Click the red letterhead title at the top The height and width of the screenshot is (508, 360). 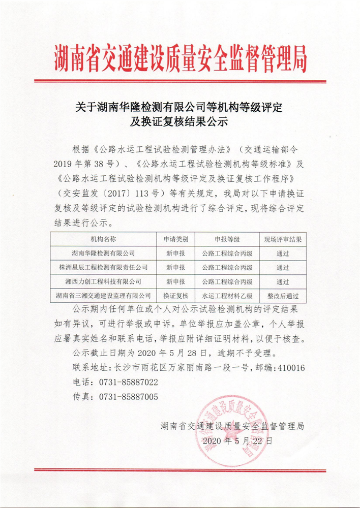[181, 59]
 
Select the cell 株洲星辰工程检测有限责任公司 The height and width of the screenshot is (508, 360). [103, 267]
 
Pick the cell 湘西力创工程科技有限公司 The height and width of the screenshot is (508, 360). [103, 281]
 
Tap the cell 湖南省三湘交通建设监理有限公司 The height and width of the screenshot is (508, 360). [103, 295]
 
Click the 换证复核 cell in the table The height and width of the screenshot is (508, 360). [175, 295]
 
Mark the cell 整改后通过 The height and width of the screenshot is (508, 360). [283, 295]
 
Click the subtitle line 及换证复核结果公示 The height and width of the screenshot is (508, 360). [181, 122]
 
